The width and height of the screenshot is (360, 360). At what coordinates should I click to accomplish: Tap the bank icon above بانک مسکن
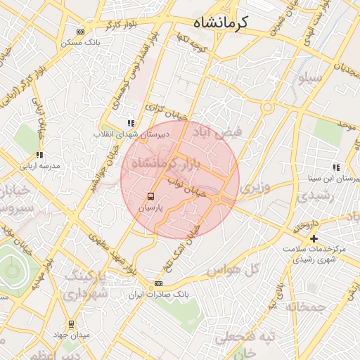point(81,32)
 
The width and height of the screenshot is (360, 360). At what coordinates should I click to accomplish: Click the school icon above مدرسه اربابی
point(39,155)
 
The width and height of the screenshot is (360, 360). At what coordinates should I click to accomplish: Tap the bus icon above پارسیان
point(151,195)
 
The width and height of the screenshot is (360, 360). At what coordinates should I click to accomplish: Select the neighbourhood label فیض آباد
point(224,133)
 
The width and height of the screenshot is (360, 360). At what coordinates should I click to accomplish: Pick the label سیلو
point(310,79)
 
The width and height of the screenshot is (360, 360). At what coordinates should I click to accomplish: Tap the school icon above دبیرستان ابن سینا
point(337,167)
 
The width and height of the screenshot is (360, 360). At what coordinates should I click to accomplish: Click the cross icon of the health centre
point(314,238)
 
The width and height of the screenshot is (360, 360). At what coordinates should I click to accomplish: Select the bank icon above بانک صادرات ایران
point(159,283)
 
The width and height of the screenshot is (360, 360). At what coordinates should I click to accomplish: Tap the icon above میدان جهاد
point(71,324)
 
